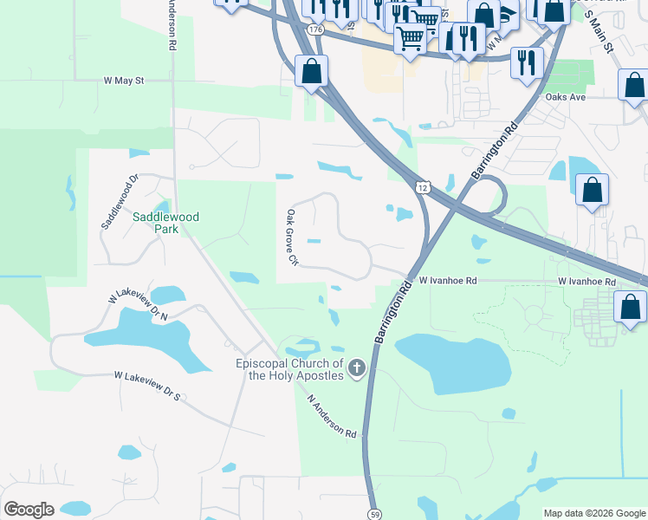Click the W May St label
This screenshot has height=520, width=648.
(123, 81)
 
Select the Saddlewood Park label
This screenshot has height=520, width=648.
(155, 223)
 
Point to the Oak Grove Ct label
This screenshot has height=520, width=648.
(293, 237)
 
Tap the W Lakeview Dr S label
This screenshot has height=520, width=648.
(147, 387)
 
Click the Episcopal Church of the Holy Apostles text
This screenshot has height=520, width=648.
(290, 370)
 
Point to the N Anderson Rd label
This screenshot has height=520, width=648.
(333, 416)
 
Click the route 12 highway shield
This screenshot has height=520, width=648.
(422, 186)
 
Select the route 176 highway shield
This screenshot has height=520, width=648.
(315, 29)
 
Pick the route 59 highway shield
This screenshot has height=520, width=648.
(373, 512)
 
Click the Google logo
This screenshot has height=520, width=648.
(29, 510)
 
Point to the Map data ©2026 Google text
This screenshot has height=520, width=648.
(594, 513)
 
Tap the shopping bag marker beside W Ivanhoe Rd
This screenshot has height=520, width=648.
(630, 308)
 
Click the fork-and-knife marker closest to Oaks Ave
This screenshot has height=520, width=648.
(526, 62)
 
